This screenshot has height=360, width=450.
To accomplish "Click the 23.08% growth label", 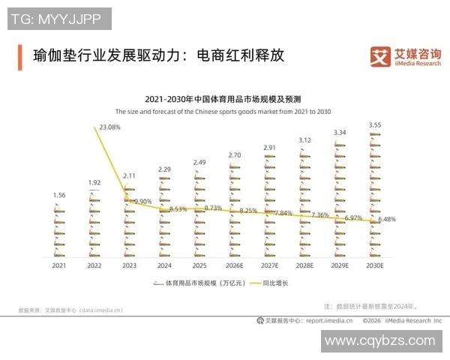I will coord(109,127).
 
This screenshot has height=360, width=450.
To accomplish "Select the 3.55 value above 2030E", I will coord(375,124).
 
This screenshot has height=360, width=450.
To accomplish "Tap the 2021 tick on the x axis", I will coord(59,265).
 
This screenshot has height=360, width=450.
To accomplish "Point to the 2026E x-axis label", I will coord(235,265).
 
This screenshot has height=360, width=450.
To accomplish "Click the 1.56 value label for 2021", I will coord(59,195).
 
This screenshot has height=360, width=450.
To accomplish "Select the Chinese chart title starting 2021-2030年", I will coord(223,99).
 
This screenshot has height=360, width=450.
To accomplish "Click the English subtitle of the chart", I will coord(223,110).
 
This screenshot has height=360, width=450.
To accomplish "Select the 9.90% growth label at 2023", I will coord(142,201).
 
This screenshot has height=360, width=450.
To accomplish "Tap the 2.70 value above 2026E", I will coord(235,155).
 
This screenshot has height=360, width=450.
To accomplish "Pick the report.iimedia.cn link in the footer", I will coord(334,320).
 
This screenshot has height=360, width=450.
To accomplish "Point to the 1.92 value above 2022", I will coord(94,182).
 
